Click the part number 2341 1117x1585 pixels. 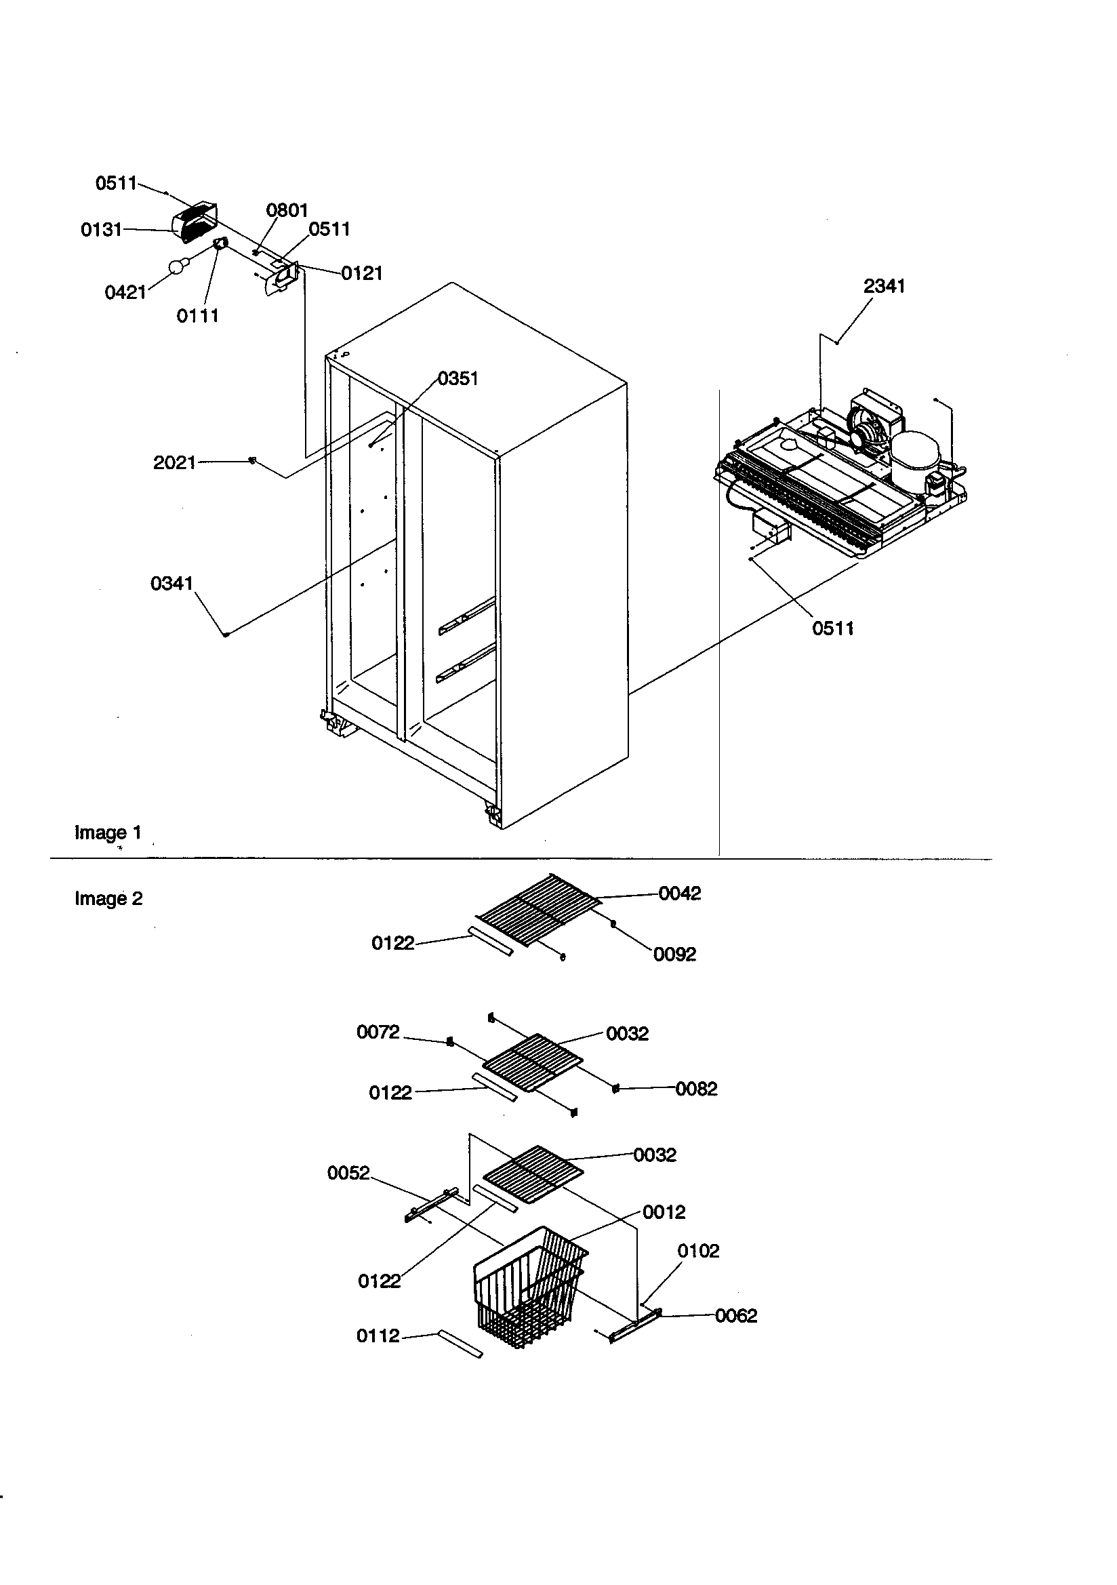[884, 286]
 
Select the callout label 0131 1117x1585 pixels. [101, 230]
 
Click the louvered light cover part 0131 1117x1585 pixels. [194, 222]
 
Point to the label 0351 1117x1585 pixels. [458, 378]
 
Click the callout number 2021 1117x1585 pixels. [174, 462]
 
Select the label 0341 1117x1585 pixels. [171, 584]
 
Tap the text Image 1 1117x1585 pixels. [108, 832]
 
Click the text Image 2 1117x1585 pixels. [108, 898]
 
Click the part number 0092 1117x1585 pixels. [674, 954]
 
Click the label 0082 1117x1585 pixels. [696, 1089]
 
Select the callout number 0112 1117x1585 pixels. [378, 1336]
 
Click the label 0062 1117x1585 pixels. [736, 1316]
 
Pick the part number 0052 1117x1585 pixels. [348, 1173]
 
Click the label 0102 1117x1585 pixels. [698, 1251]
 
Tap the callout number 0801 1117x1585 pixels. [287, 210]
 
